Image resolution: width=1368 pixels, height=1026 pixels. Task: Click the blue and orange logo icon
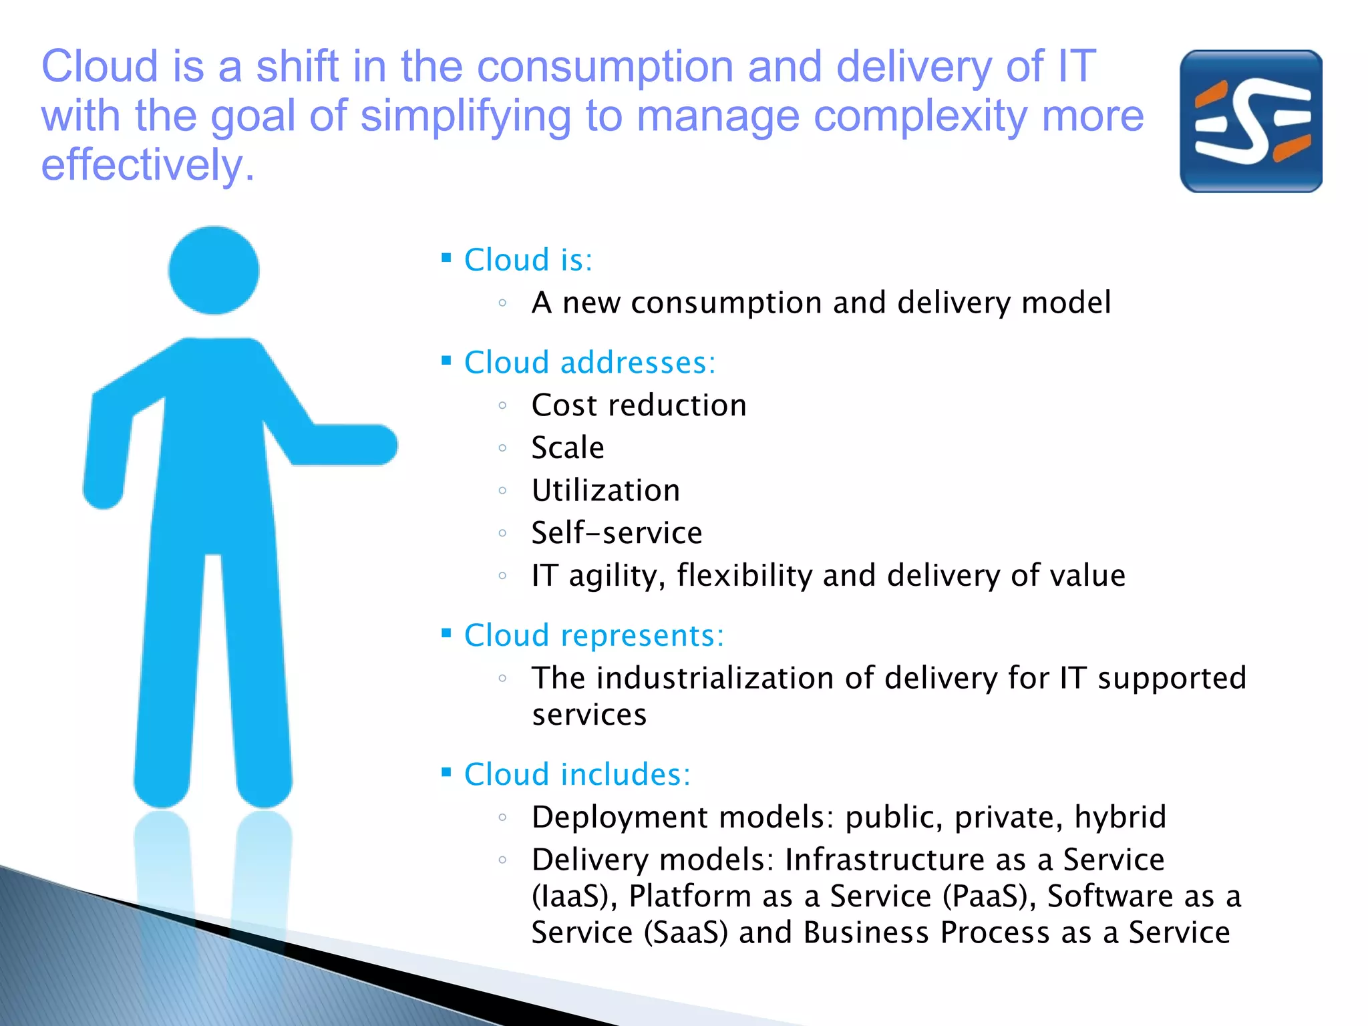pyautogui.click(x=1250, y=121)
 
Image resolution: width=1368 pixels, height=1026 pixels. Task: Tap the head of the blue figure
pyautogui.click(x=213, y=270)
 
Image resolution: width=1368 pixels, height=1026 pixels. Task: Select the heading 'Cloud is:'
pyautogui.click(x=528, y=260)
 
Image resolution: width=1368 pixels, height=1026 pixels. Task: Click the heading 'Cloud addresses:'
pyautogui.click(x=589, y=363)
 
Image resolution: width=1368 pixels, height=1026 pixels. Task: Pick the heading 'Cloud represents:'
pyautogui.click(x=594, y=635)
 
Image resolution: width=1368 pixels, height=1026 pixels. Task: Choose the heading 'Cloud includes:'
pyautogui.click(x=577, y=775)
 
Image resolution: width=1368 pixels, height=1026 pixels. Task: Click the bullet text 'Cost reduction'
pyautogui.click(x=639, y=405)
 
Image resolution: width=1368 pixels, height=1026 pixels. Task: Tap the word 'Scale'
pyautogui.click(x=568, y=448)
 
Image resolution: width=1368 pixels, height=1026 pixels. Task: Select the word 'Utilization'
pyautogui.click(x=606, y=490)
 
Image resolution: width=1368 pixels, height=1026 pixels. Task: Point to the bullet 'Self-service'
pyautogui.click(x=617, y=533)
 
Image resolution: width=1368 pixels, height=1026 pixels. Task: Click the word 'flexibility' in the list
pyautogui.click(x=744, y=575)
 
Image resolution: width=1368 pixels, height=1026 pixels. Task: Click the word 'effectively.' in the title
pyautogui.click(x=148, y=165)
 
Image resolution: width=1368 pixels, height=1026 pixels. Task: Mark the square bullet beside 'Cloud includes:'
pyautogui.click(x=446, y=773)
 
